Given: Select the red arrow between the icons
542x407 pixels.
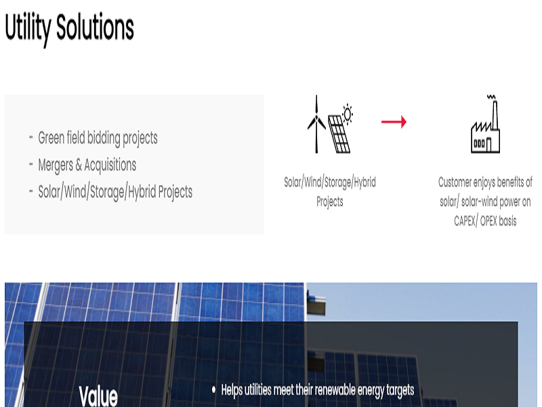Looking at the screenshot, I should [394, 122].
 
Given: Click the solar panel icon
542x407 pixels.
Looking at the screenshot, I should [339, 134].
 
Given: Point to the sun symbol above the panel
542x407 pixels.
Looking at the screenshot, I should [348, 113].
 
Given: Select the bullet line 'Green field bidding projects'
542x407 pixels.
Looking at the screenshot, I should [98, 138].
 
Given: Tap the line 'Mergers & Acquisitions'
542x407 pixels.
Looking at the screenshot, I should [87, 165].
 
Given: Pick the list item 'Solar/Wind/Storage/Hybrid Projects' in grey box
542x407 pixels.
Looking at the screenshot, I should [115, 192].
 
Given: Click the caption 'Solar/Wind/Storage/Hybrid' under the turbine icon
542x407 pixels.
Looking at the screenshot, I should [330, 182].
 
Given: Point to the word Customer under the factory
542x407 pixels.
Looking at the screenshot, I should [459, 182].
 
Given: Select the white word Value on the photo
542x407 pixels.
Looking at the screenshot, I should [98, 396].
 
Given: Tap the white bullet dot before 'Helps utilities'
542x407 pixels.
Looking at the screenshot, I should [214, 390].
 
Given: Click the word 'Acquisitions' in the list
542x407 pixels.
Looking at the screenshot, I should [110, 165].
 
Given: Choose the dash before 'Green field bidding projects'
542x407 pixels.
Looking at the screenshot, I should [31, 138].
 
